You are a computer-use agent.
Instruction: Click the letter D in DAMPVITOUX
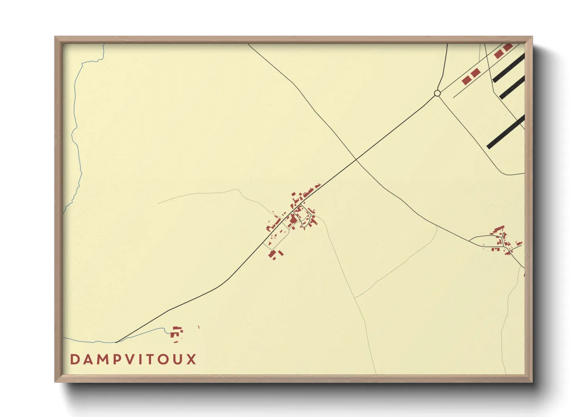click(x=75, y=359)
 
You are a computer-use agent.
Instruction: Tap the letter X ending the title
click(x=191, y=359)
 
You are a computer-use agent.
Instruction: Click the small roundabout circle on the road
click(x=437, y=93)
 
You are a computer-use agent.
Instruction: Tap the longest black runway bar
click(x=506, y=132)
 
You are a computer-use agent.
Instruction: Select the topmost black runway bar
click(x=509, y=68)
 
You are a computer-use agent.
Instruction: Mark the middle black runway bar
click(x=512, y=88)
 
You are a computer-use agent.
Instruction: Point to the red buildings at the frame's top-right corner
click(x=503, y=50)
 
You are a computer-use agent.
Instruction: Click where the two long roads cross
click(x=356, y=160)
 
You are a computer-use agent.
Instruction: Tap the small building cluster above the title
click(x=176, y=332)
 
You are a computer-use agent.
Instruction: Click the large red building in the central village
click(x=293, y=218)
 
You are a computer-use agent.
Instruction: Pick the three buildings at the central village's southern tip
click(x=275, y=253)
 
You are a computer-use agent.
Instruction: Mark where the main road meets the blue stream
click(x=117, y=342)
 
